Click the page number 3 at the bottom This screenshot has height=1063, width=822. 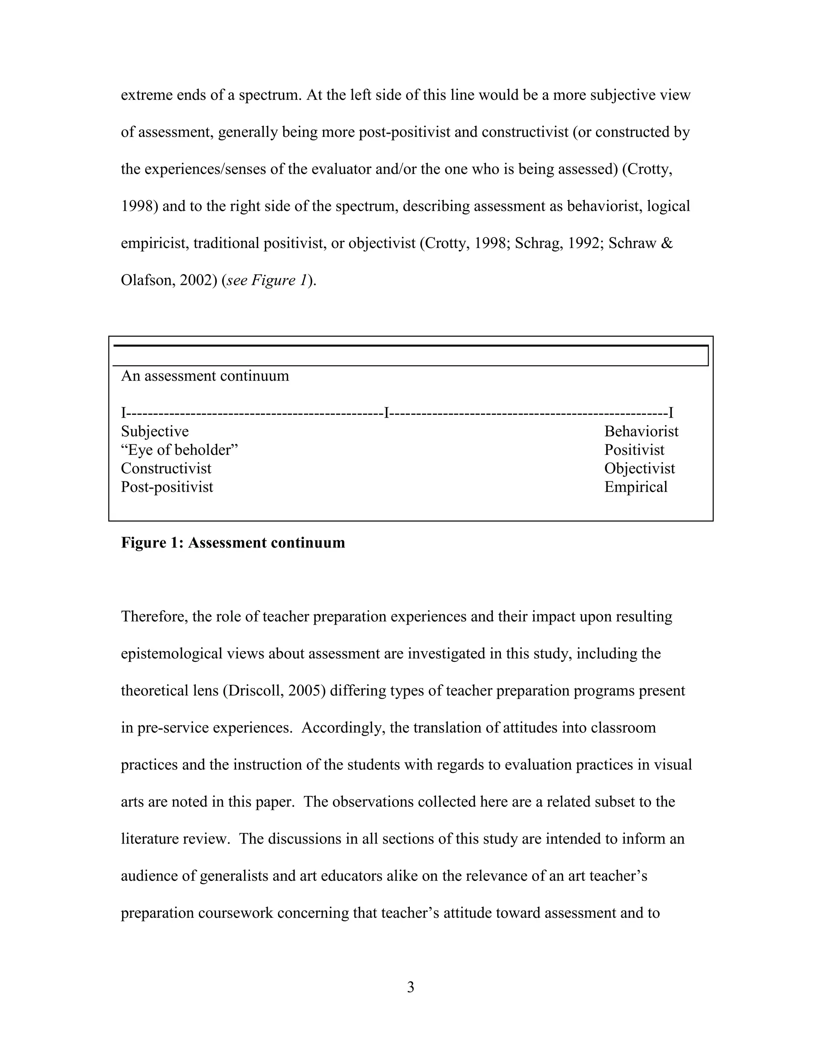coord(411,987)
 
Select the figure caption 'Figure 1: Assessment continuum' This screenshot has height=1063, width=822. coord(233,543)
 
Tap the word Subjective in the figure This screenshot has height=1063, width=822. coord(155,432)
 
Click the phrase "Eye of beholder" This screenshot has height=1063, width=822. coord(179,450)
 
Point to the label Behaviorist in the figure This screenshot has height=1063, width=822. coord(641,432)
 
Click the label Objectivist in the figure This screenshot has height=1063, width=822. coord(639,469)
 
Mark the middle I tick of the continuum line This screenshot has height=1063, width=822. coord(386,413)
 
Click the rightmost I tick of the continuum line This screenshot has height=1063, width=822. coord(671,413)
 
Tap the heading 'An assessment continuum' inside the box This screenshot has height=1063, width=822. coord(205,376)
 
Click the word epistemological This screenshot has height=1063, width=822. coord(171,654)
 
